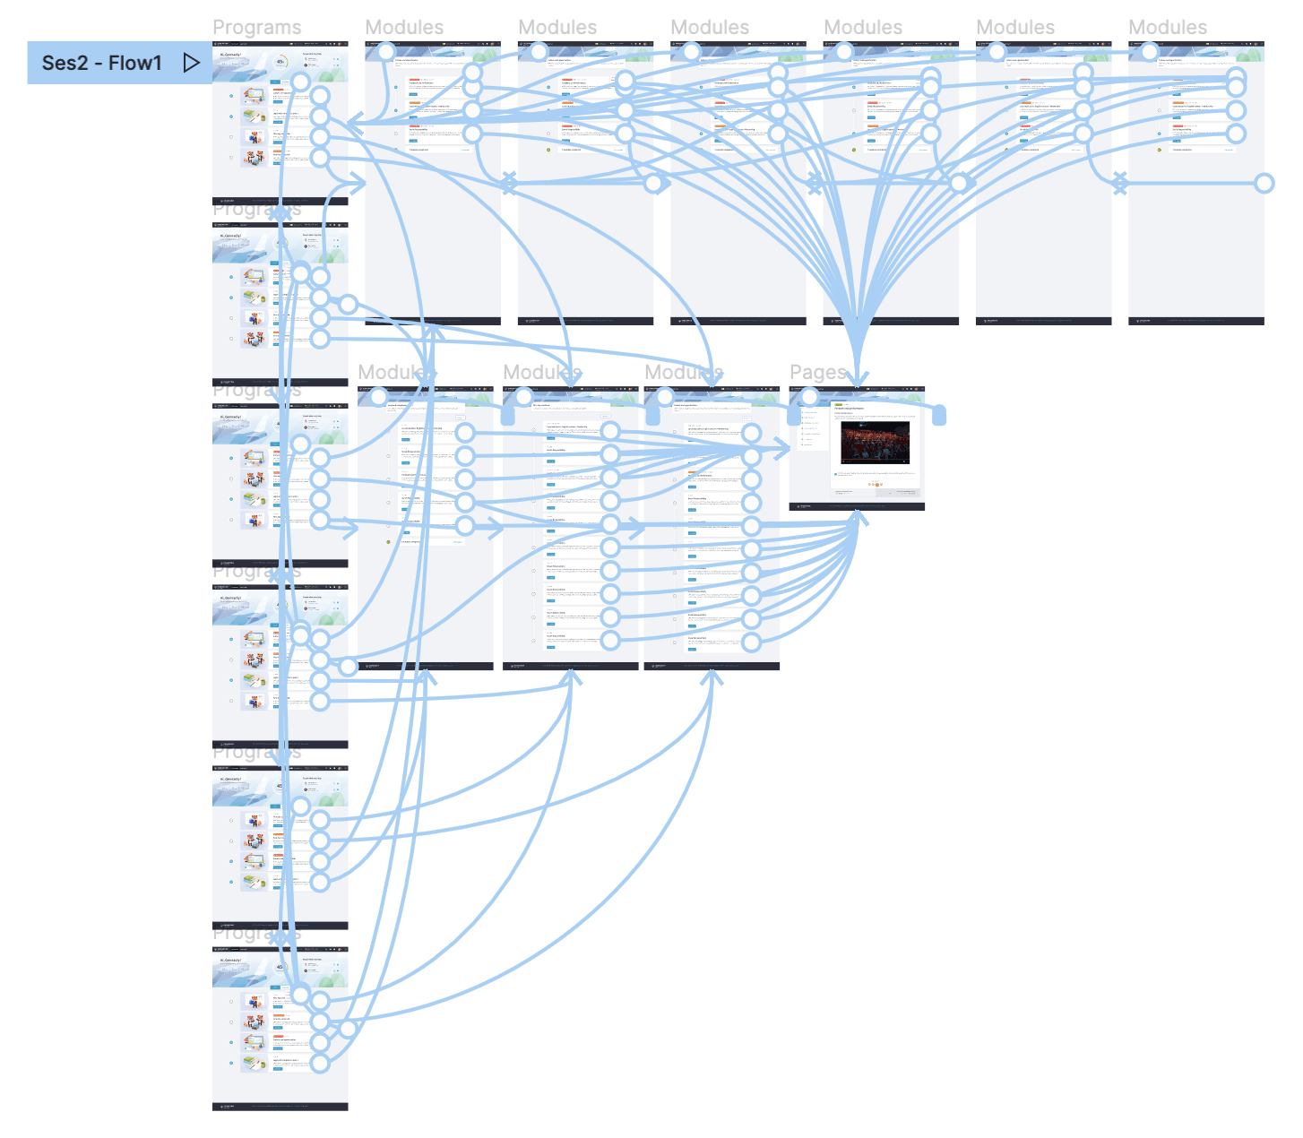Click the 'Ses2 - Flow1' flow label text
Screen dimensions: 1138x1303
click(x=101, y=63)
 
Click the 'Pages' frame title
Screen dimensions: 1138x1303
click(x=817, y=372)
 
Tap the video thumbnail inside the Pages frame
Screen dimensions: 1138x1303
click(x=875, y=443)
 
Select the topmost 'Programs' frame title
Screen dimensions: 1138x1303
click(x=256, y=28)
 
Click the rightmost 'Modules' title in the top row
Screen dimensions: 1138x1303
click(x=1167, y=28)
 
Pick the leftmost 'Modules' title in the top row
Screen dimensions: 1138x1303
click(x=404, y=28)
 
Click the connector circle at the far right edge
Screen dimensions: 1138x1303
click(x=1264, y=184)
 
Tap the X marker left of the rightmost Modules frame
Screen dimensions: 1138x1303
click(x=1119, y=184)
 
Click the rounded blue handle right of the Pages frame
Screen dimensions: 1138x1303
click(x=939, y=415)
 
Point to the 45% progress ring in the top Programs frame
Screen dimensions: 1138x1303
click(x=280, y=62)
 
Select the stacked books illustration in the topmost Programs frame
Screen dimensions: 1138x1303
click(x=255, y=116)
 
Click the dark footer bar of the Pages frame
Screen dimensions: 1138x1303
click(x=856, y=506)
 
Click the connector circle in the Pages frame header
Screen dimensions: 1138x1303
click(x=809, y=397)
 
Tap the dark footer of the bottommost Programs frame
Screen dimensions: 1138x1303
click(x=280, y=1107)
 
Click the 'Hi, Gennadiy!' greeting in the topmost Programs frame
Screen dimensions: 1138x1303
click(x=230, y=55)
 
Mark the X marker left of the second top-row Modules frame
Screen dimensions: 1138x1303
click(x=509, y=184)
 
